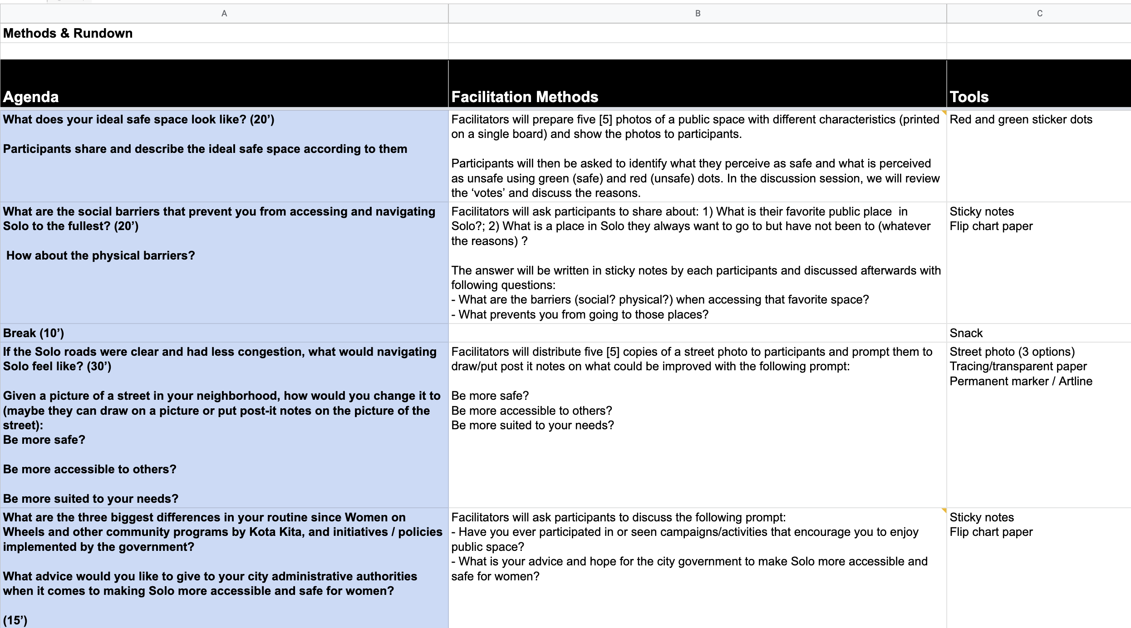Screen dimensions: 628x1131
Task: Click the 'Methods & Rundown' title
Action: tap(68, 33)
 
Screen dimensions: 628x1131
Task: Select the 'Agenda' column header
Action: tap(31, 97)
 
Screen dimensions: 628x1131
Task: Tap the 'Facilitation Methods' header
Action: tap(525, 97)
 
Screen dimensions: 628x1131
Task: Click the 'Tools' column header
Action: tap(969, 97)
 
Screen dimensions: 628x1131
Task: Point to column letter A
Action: tap(224, 14)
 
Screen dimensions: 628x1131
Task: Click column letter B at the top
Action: tap(698, 14)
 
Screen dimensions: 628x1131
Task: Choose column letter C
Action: tap(1039, 14)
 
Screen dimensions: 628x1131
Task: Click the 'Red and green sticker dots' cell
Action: tap(1021, 119)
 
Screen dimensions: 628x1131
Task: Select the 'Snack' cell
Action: tap(966, 333)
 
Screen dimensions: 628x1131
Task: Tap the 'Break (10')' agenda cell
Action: tap(34, 333)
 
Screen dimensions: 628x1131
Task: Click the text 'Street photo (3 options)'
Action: tap(1012, 352)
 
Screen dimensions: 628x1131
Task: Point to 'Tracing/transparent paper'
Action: tap(1018, 366)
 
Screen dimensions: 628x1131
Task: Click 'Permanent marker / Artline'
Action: tap(1021, 381)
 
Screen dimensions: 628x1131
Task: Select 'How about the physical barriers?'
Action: tap(100, 255)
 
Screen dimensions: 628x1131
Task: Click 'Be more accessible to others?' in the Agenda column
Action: tap(89, 469)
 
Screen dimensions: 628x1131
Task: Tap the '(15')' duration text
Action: tap(15, 620)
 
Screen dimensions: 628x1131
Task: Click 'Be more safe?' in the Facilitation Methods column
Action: tap(490, 396)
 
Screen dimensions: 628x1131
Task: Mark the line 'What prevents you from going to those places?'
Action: tap(583, 314)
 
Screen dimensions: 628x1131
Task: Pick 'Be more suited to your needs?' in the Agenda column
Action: tap(91, 499)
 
